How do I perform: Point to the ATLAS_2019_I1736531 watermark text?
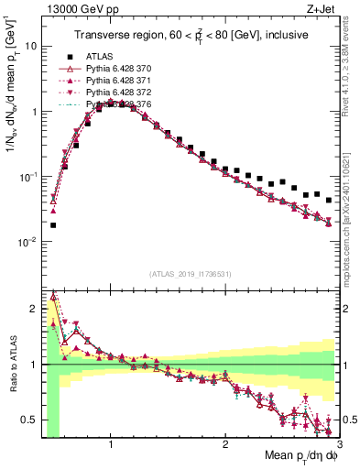[x=189, y=273]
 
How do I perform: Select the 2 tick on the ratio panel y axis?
[x=33, y=309]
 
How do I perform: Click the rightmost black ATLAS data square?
[x=329, y=200]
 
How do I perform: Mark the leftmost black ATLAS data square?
[x=53, y=224]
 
